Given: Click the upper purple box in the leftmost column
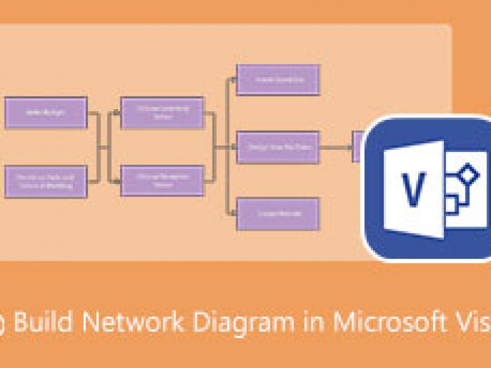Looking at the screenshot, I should pos(46,112).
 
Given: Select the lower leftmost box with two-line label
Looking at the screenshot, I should pos(46,182).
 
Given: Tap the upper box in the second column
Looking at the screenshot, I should pos(162,113).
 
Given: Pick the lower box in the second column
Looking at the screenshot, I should pos(162,181).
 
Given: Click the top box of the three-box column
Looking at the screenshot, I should pos(278,80).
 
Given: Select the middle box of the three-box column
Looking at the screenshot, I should pos(278,147).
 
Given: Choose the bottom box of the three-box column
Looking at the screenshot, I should pos(278,214).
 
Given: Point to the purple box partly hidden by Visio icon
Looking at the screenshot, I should pos(358,146).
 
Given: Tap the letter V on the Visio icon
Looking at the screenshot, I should pos(414,189).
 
